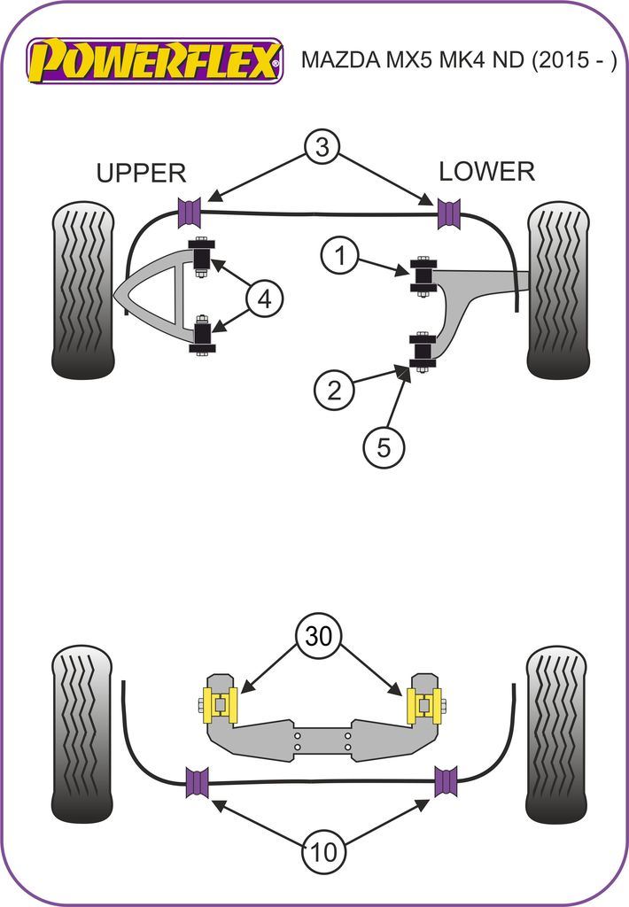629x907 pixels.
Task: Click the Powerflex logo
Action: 156,60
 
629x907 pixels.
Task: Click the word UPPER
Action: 141,173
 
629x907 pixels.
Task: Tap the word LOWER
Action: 486,171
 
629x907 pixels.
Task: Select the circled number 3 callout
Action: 322,148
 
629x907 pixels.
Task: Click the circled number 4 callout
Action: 264,301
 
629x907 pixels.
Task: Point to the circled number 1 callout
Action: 338,258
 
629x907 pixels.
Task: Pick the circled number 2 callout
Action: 334,390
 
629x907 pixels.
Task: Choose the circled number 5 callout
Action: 383,448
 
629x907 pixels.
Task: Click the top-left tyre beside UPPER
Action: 84,290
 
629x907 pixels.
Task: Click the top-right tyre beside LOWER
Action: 558,290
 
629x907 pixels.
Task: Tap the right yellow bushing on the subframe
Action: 423,705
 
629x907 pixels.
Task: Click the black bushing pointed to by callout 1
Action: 423,275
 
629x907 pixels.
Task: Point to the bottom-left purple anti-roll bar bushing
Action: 197,781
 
